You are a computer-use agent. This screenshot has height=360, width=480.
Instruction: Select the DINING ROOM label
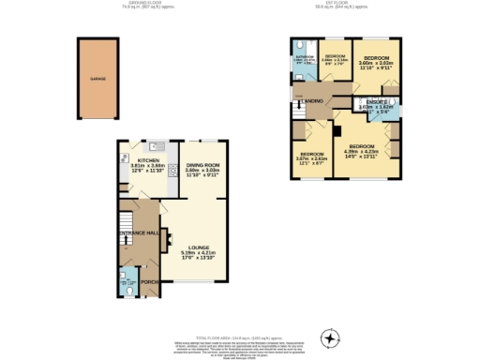tap(202, 165)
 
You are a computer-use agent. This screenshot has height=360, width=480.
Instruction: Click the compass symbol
tap(328, 337)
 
